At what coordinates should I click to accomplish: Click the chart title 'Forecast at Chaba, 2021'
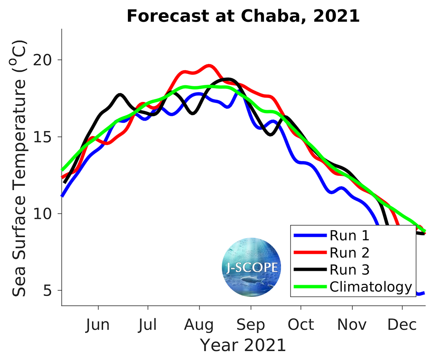click(243, 16)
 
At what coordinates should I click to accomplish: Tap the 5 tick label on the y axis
click(53, 290)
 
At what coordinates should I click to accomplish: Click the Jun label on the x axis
click(98, 325)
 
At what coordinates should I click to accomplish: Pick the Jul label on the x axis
click(148, 325)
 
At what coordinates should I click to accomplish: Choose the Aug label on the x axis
click(199, 325)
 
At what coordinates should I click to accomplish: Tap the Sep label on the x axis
click(251, 325)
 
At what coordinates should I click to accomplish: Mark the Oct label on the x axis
click(301, 325)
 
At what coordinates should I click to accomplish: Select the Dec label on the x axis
click(402, 325)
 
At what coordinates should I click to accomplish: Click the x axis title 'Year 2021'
click(243, 345)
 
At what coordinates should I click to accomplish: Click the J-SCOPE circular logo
click(251, 267)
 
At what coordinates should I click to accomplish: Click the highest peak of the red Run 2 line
click(209, 66)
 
